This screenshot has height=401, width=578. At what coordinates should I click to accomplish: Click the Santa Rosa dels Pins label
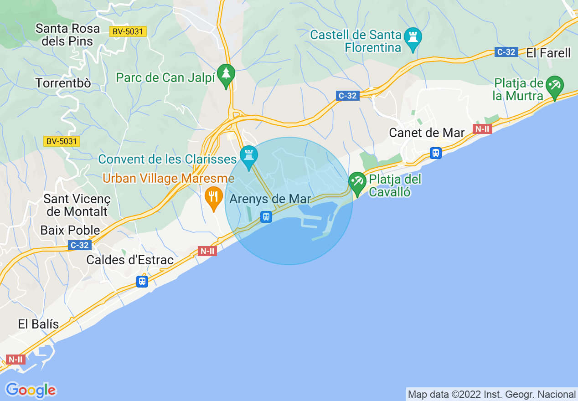coord(67,35)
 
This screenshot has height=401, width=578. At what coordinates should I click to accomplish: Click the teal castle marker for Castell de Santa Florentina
coord(413,39)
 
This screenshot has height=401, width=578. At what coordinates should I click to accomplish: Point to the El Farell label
coord(548,53)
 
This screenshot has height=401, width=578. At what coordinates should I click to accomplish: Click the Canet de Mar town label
coord(427,133)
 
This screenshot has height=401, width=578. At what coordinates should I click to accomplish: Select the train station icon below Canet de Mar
coord(436,153)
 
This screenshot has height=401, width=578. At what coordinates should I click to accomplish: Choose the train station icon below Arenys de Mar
coord(266,217)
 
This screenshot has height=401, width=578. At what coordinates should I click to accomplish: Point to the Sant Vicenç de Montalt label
coord(77,205)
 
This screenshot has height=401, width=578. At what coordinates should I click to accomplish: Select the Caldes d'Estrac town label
coord(130,260)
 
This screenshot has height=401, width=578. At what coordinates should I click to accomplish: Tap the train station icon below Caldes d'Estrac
coord(142,282)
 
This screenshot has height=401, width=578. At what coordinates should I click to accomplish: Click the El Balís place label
coord(39,324)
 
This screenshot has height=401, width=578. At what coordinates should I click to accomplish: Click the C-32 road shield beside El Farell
coord(506,52)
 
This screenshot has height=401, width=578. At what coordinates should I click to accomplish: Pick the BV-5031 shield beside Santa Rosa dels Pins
coord(127,31)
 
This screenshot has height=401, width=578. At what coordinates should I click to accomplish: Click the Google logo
coord(31,390)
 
